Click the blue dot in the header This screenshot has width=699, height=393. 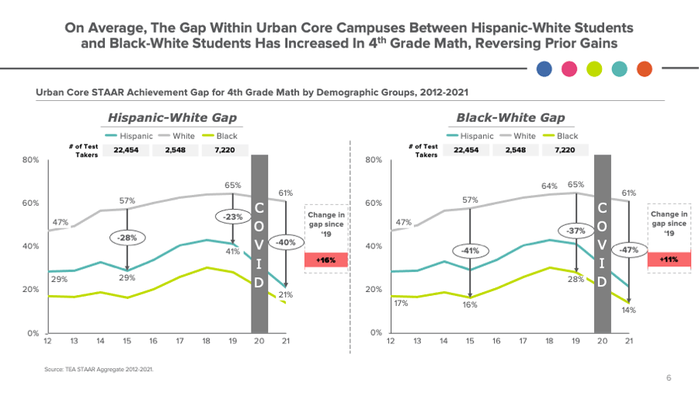click(544, 69)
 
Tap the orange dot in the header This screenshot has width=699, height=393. click(644, 69)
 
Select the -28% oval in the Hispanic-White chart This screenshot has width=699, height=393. click(127, 236)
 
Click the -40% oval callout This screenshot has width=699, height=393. click(285, 242)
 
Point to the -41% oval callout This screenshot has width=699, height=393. click(471, 250)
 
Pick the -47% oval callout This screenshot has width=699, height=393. click(629, 249)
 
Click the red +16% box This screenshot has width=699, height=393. click(325, 260)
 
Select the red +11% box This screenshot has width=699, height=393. click(668, 259)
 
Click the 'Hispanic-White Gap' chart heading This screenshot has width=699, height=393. click(172, 118)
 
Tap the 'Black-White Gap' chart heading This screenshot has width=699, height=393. click(510, 118)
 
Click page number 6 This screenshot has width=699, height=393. click(669, 377)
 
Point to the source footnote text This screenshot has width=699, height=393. click(98, 369)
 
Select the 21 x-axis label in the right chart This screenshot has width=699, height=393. click(629, 342)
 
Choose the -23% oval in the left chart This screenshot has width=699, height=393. click(233, 217)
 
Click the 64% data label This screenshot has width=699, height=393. click(550, 186)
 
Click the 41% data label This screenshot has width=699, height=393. click(233, 251)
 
